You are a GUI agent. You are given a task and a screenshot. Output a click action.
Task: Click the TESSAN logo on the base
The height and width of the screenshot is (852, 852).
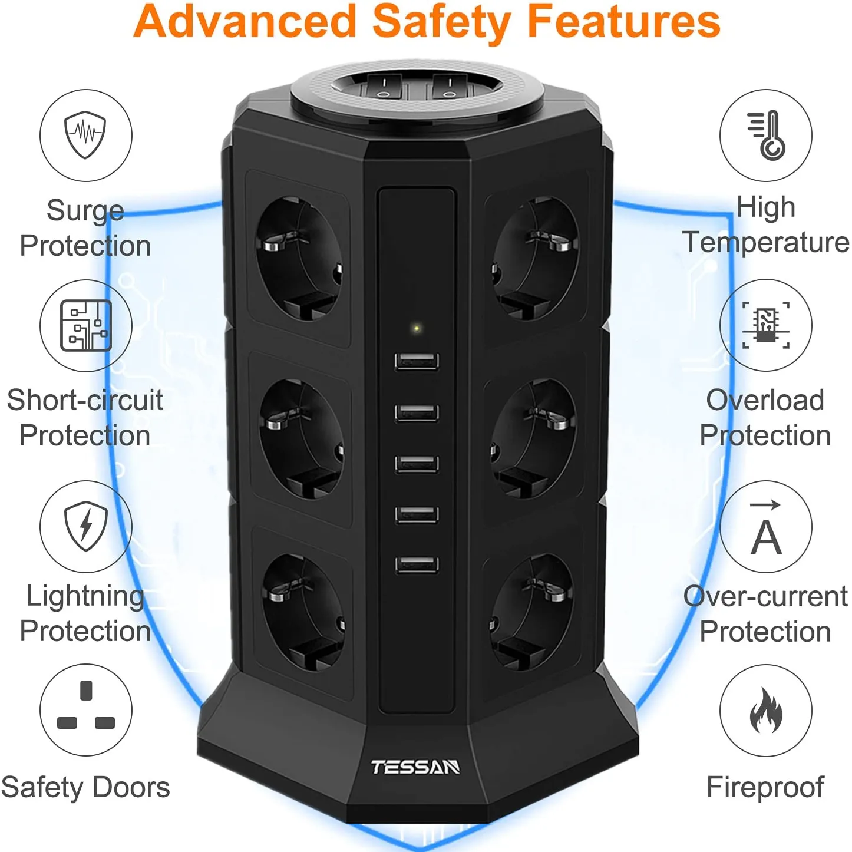click(415, 767)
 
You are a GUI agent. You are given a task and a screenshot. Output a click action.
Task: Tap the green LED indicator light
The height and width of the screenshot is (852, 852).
click(417, 328)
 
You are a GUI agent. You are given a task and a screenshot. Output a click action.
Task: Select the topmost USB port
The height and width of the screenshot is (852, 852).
click(417, 361)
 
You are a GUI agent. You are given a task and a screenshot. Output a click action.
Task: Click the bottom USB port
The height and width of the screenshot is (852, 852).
click(417, 564)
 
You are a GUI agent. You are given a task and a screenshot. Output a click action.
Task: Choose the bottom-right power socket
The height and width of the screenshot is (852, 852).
click(532, 611)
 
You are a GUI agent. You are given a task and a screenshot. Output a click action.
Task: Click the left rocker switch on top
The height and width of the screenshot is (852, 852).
click(384, 87)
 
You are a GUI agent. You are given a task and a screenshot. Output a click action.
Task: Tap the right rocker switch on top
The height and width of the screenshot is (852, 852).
click(450, 87)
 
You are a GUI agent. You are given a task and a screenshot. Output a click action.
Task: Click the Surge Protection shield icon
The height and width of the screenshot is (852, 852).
click(85, 135)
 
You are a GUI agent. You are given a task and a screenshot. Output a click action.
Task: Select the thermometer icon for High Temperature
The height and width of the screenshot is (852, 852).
click(766, 135)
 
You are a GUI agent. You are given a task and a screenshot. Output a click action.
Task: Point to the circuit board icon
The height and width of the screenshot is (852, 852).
click(85, 325)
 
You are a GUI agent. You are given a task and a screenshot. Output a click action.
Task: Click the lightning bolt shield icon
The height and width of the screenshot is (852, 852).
click(85, 526)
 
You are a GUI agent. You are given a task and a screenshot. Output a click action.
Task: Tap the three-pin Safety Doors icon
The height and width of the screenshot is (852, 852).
click(85, 709)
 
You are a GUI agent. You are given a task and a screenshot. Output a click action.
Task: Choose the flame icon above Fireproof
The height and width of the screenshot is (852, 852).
click(766, 711)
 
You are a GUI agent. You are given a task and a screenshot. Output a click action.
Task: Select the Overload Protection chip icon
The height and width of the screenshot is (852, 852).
click(766, 325)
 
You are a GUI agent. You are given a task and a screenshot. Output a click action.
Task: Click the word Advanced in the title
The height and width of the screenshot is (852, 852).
click(245, 22)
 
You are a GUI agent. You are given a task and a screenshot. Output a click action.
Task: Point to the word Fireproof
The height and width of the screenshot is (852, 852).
click(765, 787)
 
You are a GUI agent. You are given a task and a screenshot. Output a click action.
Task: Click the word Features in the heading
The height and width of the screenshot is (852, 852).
click(623, 22)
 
